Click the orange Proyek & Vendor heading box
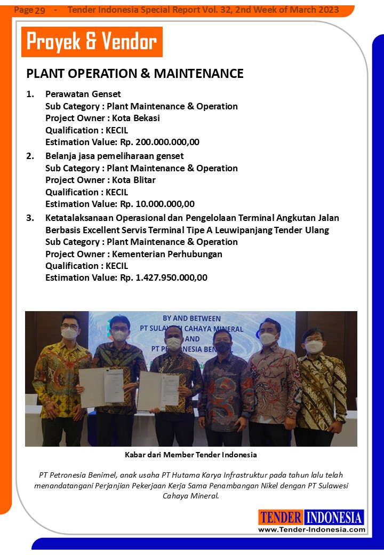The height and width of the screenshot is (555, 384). [92, 42]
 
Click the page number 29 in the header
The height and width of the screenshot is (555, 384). [39, 11]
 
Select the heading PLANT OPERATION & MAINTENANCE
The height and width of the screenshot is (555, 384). [135, 73]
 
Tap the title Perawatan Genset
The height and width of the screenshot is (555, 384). [83, 94]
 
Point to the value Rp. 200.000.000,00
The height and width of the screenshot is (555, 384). [160, 142]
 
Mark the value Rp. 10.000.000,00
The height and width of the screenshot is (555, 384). [157, 204]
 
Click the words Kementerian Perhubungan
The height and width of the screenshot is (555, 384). [167, 254]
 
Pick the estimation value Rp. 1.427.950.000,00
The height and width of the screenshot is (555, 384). [164, 277]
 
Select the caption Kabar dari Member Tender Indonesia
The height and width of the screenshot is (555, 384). [191, 455]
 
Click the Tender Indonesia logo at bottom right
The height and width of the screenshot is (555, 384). [311, 517]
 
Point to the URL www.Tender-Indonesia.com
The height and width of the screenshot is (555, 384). [311, 529]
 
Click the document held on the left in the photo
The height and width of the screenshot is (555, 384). [102, 386]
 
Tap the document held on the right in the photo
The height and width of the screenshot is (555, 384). [158, 390]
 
